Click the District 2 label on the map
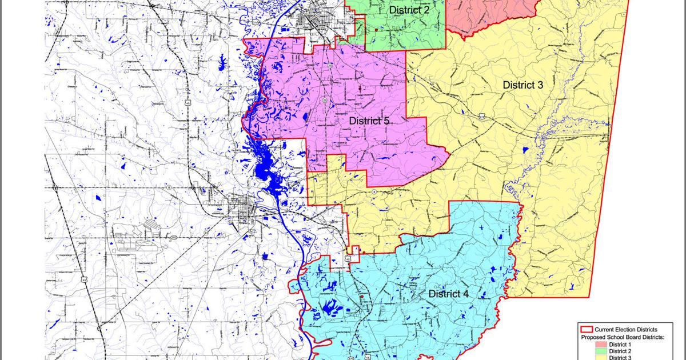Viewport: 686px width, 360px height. pyautogui.click(x=409, y=10)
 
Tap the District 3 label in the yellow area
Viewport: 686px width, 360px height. pyautogui.click(x=523, y=85)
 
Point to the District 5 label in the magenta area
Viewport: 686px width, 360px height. pyautogui.click(x=369, y=121)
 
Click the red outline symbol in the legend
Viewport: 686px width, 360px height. pyautogui.click(x=585, y=330)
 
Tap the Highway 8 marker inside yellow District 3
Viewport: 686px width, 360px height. pyautogui.click(x=374, y=193)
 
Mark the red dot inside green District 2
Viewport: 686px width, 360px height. pyautogui.click(x=374, y=30)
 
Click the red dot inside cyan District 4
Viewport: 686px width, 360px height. pyautogui.click(x=362, y=297)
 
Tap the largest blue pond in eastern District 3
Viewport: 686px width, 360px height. pyautogui.click(x=525, y=150)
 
